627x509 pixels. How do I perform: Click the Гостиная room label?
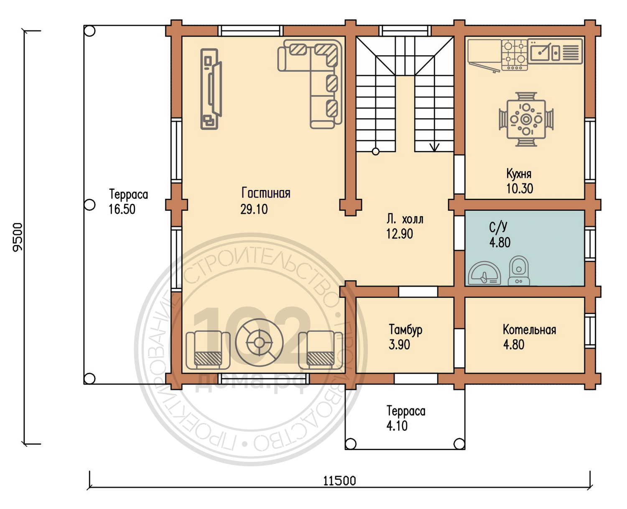pyautogui.click(x=266, y=193)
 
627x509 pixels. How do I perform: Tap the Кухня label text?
pyautogui.click(x=519, y=173)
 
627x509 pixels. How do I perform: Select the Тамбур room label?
pyautogui.click(x=405, y=330)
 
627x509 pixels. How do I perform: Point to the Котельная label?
pyautogui.click(x=529, y=330)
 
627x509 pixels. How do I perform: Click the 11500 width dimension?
pyautogui.click(x=340, y=481)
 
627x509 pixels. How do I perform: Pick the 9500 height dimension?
pyautogui.click(x=18, y=237)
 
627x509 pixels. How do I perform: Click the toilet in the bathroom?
pyautogui.click(x=519, y=271)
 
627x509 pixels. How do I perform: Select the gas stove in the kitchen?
pyautogui.click(x=514, y=55)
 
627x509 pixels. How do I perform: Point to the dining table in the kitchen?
pyautogui.click(x=526, y=119)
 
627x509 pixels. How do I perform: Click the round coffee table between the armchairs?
pyautogui.click(x=259, y=342)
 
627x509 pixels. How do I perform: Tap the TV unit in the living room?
pyautogui.click(x=211, y=89)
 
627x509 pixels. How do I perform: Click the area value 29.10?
pyautogui.click(x=254, y=209)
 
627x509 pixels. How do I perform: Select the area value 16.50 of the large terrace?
pyautogui.click(x=122, y=209)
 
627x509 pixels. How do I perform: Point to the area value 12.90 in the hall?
pyautogui.click(x=400, y=234)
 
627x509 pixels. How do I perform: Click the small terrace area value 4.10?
pyautogui.click(x=397, y=426)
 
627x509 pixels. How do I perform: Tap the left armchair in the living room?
pyautogui.click(x=208, y=350)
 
